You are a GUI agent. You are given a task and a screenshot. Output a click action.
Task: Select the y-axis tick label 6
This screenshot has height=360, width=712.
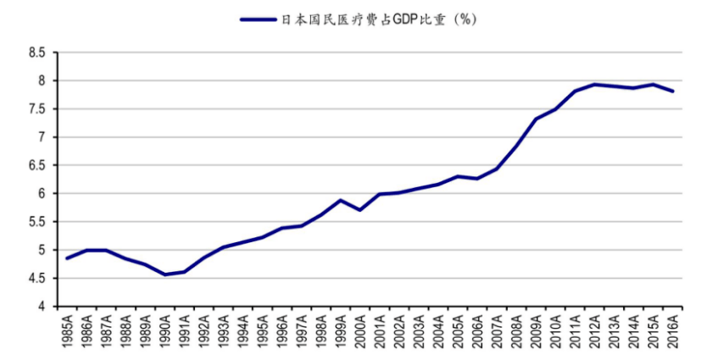tap(42, 193)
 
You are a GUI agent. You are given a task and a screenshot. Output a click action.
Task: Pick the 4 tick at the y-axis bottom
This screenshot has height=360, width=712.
tap(42, 306)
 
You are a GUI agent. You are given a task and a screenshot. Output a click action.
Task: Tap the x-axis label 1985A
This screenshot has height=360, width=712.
tap(68, 331)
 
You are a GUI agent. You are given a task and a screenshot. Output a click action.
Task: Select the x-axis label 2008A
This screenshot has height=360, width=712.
tap(516, 331)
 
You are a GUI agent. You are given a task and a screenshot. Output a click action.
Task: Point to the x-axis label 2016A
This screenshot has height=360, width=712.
tap(672, 331)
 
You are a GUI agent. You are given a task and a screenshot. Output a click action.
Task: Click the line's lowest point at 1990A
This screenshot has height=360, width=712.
tap(164, 274)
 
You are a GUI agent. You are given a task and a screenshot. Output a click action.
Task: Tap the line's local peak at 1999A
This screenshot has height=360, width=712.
tap(340, 201)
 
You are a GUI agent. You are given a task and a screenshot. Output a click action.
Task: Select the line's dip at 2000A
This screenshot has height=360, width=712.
tap(359, 210)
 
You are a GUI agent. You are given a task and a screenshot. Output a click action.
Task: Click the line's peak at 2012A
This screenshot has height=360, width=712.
tap(594, 84)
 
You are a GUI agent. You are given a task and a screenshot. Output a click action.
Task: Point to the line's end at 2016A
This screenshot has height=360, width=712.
tap(672, 91)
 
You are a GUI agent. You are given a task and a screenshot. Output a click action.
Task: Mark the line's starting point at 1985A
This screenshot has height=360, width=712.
tap(67, 258)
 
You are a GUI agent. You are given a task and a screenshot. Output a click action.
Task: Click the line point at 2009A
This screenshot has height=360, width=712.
tap(536, 119)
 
